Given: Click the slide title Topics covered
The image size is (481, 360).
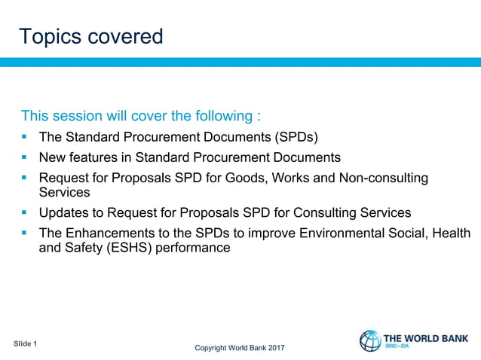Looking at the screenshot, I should (90, 36).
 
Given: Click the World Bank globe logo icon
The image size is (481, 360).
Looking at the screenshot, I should (370, 341).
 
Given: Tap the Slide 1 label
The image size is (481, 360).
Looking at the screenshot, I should (25, 344).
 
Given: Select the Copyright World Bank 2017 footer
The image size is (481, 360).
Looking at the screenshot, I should (240, 348).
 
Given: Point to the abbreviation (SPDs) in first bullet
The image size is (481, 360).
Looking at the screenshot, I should (291, 137).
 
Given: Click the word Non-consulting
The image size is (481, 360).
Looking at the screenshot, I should (384, 178).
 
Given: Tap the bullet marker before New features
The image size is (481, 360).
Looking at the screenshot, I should (25, 157).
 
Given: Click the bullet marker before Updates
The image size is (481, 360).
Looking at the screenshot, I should (25, 212).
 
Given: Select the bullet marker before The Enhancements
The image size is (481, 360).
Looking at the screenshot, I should (25, 233).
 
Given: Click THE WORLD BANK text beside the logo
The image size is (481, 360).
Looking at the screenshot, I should (427, 338).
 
